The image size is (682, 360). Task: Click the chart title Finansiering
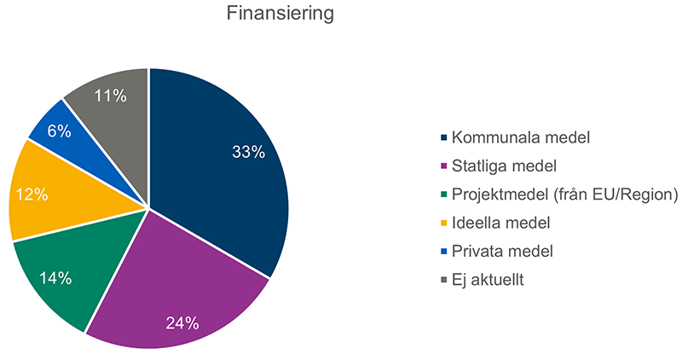click(x=280, y=15)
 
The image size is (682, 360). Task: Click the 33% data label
click(x=248, y=152)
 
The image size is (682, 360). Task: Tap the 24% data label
click(x=182, y=323)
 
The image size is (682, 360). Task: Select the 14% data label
click(x=55, y=278)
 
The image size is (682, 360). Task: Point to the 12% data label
click(x=32, y=195)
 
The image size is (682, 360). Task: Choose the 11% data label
click(x=110, y=96)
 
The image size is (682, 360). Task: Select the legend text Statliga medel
click(x=499, y=165)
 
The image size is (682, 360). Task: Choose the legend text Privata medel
click(x=502, y=251)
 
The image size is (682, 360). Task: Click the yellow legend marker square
click(x=443, y=224)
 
